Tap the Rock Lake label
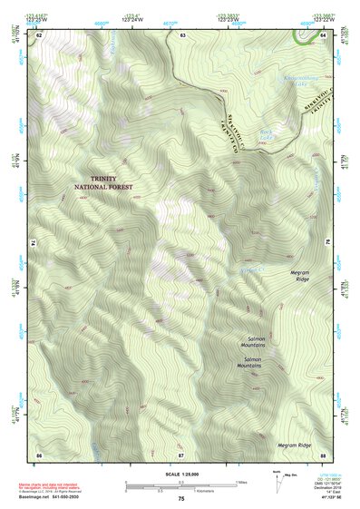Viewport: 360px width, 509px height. pos(266,133)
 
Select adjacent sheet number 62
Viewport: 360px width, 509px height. pos(39,35)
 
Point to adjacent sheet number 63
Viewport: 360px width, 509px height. pos(182,35)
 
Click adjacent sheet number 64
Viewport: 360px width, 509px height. pos(324,35)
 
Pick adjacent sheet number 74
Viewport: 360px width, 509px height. pos(36,244)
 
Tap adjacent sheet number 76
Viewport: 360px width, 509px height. pos(326,244)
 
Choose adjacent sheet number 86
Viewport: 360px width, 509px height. pos(39,454)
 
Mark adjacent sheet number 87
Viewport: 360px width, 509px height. pos(181,454)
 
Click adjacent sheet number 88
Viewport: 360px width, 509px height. pos(323,454)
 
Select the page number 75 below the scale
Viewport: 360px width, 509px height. pos(181,499)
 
